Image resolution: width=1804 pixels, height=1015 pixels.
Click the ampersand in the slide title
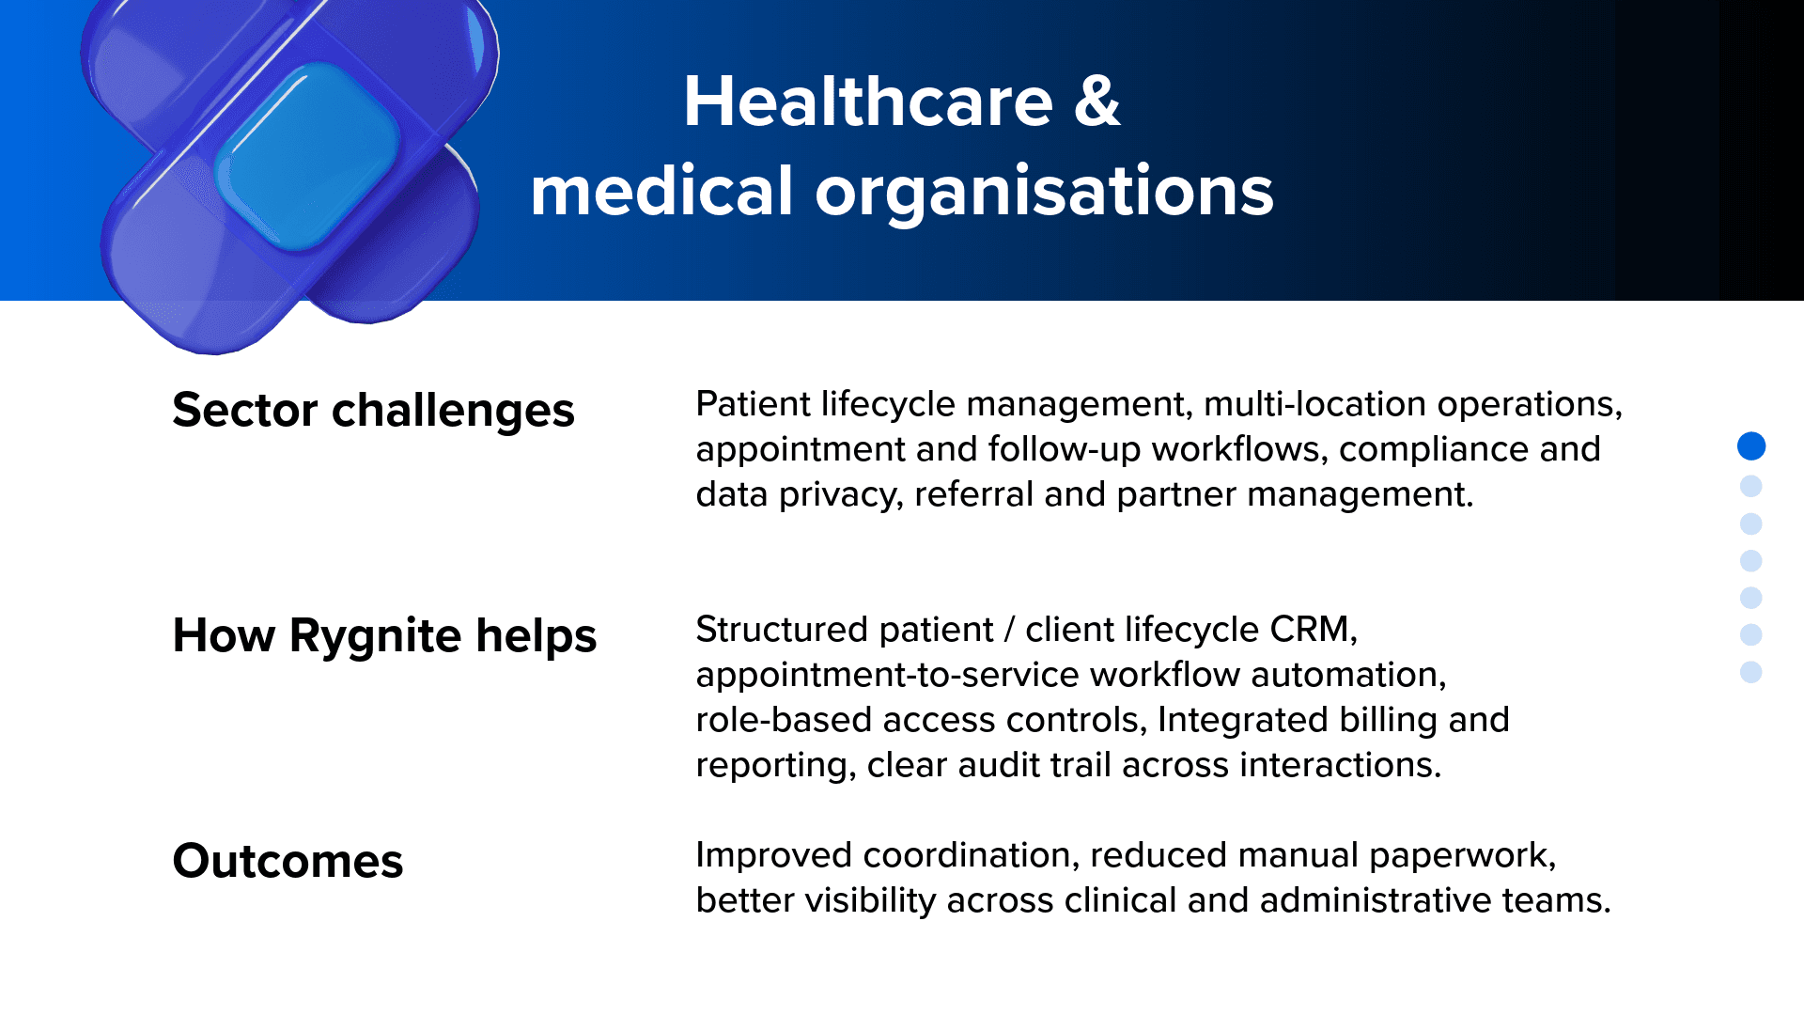click(x=1096, y=101)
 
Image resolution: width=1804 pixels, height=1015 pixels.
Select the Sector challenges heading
click(x=373, y=412)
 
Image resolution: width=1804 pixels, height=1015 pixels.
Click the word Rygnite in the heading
click(x=375, y=637)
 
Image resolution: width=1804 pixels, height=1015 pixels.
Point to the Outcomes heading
click(x=288, y=862)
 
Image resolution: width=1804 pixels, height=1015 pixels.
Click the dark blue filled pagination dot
click(x=1751, y=446)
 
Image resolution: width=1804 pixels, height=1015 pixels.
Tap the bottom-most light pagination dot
click(x=1751, y=672)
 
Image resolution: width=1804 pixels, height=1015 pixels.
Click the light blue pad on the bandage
click(x=307, y=157)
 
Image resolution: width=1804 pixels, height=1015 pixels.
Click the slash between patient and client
click(x=1009, y=630)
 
